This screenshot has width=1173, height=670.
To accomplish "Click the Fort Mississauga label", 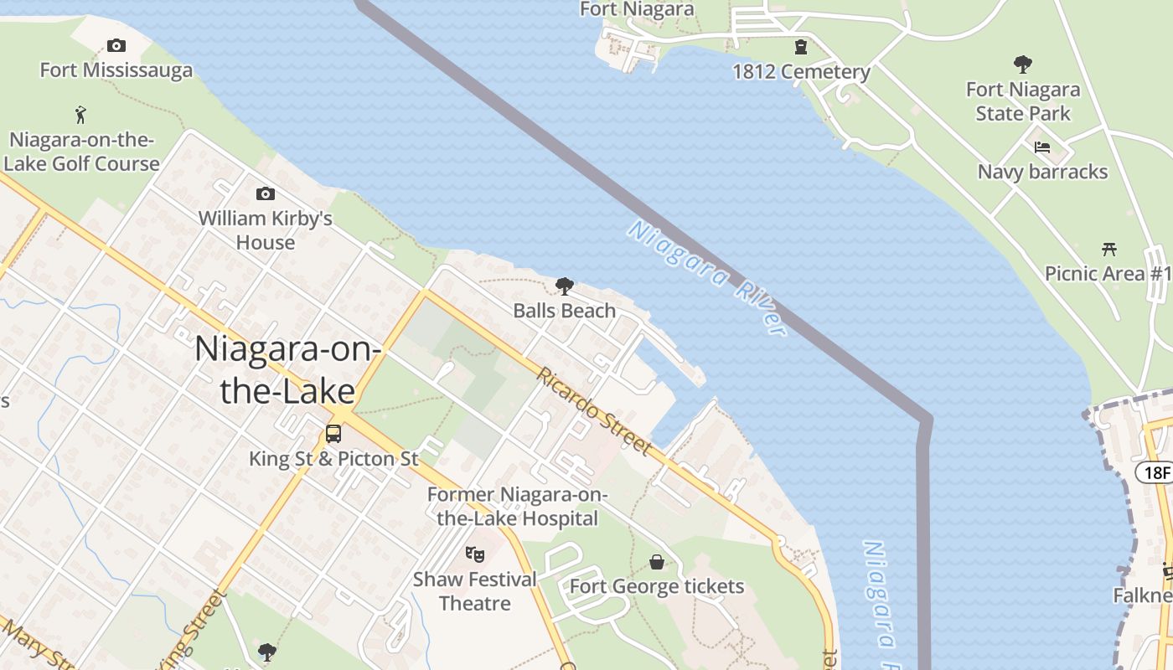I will click(116, 70).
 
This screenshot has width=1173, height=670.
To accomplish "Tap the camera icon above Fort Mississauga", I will click(116, 45).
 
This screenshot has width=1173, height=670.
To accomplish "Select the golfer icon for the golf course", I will click(80, 115).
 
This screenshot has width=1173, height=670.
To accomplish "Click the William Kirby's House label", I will click(265, 230).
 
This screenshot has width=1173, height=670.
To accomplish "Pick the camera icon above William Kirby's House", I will click(265, 194).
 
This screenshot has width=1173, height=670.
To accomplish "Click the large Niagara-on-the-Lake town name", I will click(287, 369).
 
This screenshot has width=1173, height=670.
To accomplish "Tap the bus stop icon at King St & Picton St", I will click(333, 434).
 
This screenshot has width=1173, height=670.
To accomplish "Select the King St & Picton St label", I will click(333, 459).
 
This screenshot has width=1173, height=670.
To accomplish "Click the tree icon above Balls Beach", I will click(565, 286).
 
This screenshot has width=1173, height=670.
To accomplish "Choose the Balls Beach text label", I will click(565, 311).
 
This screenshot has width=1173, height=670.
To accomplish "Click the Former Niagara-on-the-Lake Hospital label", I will click(517, 507).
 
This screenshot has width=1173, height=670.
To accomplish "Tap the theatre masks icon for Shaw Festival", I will click(475, 554).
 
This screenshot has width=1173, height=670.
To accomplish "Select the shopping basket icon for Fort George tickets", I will click(657, 561).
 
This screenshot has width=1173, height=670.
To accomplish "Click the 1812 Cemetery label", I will click(801, 72).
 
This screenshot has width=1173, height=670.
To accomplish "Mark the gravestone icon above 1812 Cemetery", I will click(801, 47).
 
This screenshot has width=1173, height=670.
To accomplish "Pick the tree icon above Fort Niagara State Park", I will click(1022, 64).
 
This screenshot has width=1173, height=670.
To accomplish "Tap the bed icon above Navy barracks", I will click(1042, 147).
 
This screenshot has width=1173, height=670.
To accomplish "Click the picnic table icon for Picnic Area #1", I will click(1109, 249).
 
